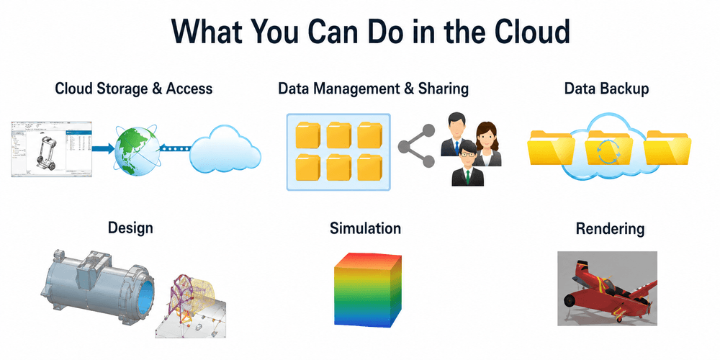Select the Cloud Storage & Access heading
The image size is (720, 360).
click(x=134, y=88)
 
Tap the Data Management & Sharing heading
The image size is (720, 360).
click(x=373, y=89)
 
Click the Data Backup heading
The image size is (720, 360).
click(x=606, y=88)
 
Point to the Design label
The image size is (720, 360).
click(x=130, y=228)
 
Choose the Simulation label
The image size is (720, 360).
click(x=365, y=228)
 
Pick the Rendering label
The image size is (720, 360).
click(x=610, y=228)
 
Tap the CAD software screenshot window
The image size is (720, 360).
click(x=51, y=149)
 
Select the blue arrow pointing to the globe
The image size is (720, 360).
click(x=103, y=148)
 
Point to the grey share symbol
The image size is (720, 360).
click(x=416, y=145)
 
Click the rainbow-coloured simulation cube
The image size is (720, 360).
click(x=368, y=289)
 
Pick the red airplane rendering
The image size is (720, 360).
click(x=607, y=289)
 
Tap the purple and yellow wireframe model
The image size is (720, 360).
click(x=193, y=300)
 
